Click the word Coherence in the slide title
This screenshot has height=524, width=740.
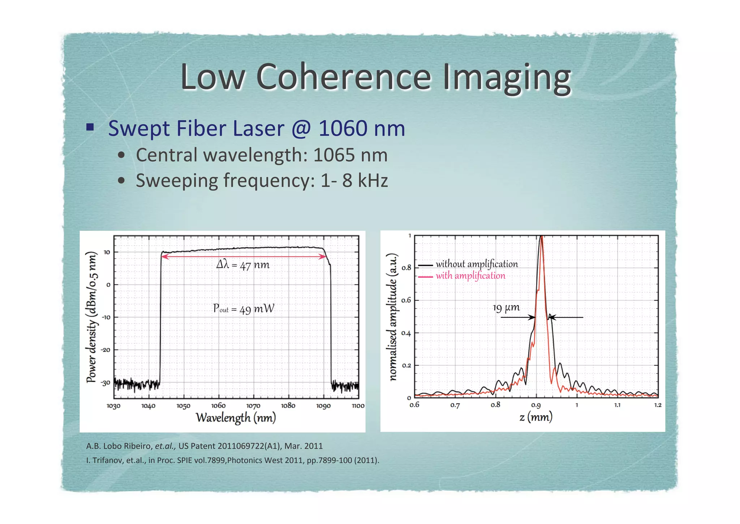(343, 77)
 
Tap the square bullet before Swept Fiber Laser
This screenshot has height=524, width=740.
(90, 127)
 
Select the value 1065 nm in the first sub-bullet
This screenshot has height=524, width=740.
(350, 155)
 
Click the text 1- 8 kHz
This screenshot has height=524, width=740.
(354, 181)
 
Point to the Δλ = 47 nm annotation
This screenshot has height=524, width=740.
(243, 265)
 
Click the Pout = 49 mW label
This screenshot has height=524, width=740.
(244, 309)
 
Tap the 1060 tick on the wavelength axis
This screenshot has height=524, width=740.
(218, 406)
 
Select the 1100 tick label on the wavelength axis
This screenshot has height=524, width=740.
(358, 406)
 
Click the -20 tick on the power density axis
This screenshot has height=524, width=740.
(106, 350)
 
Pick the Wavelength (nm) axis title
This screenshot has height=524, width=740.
(236, 418)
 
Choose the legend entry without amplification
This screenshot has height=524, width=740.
(476, 264)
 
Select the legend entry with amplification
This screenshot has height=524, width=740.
(470, 276)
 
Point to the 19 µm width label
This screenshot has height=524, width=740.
(506, 308)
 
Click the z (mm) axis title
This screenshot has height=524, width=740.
(536, 417)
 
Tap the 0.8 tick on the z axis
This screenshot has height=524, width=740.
(495, 405)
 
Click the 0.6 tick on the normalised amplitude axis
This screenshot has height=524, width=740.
(406, 300)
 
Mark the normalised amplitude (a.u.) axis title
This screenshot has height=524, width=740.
(393, 317)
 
